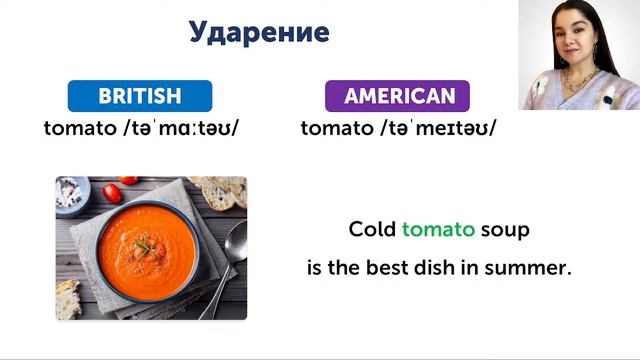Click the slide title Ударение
(259, 32)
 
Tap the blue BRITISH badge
(140, 96)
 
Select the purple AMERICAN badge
(398, 96)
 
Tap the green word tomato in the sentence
(438, 229)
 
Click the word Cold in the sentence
(372, 229)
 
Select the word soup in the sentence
(505, 229)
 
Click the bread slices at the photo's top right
(222, 190)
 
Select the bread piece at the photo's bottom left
(67, 299)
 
